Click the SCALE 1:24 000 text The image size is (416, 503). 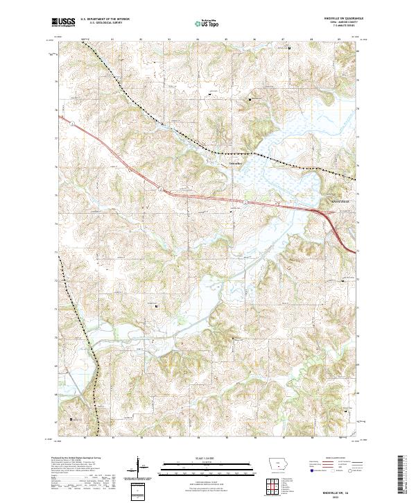[x=207, y=459]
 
